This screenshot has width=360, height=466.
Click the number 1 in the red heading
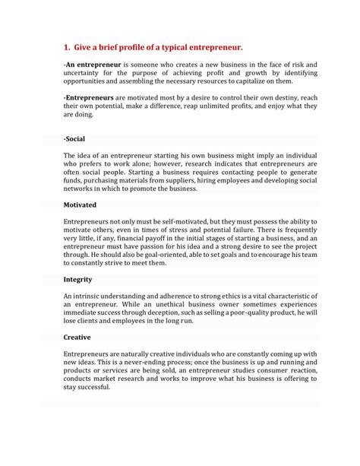click(x=67, y=46)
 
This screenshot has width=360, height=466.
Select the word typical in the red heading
click(x=170, y=46)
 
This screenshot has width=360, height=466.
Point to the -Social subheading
click(x=74, y=139)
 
